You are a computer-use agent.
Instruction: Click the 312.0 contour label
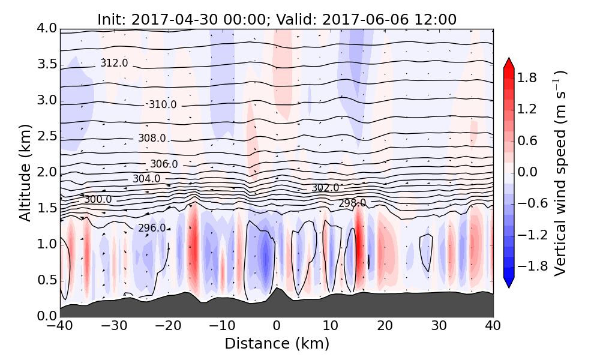[114, 63]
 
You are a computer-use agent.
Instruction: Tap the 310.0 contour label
[163, 104]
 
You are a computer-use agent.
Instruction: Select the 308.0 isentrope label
[152, 138]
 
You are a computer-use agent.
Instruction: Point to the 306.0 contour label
[164, 164]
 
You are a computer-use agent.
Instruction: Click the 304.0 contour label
[146, 179]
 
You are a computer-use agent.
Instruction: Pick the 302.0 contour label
[325, 188]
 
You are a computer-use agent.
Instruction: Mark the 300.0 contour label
[98, 199]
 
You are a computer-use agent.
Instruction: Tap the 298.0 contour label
[352, 203]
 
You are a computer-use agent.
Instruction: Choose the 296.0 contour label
[152, 228]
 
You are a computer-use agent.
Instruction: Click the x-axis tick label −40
[60, 326]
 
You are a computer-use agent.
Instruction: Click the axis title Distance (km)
[277, 344]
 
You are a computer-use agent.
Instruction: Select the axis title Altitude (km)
[25, 172]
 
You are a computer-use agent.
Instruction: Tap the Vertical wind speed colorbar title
[560, 173]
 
